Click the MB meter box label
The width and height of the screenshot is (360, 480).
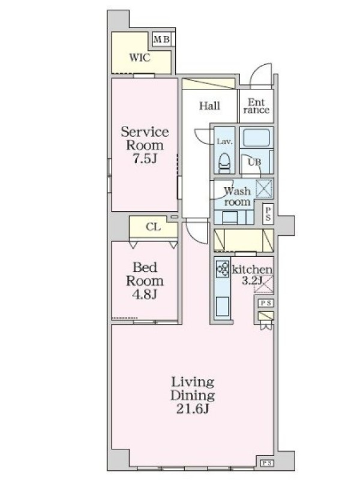(161, 40)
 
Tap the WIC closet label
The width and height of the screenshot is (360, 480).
(140, 58)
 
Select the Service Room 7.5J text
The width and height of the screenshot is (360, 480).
(145, 145)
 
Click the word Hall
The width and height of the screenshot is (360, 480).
(209, 106)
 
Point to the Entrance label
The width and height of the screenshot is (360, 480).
(256, 106)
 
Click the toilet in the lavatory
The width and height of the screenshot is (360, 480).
(224, 163)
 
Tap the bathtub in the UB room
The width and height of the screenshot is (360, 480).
(256, 138)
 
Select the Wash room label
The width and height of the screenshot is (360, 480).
(237, 197)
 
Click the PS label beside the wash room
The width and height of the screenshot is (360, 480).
(268, 214)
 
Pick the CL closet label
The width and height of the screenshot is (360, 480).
(153, 227)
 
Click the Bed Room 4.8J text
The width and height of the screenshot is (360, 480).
(145, 281)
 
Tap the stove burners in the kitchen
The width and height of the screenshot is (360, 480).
(223, 269)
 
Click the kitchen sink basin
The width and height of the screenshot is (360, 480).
(223, 306)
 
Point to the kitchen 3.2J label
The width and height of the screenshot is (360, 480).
(252, 275)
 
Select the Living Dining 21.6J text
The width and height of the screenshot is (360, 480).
(193, 395)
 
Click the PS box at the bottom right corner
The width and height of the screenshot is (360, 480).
(266, 463)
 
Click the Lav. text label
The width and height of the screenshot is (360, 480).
(224, 142)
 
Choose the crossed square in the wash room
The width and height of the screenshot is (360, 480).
(264, 188)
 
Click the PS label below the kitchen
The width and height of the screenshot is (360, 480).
(265, 303)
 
